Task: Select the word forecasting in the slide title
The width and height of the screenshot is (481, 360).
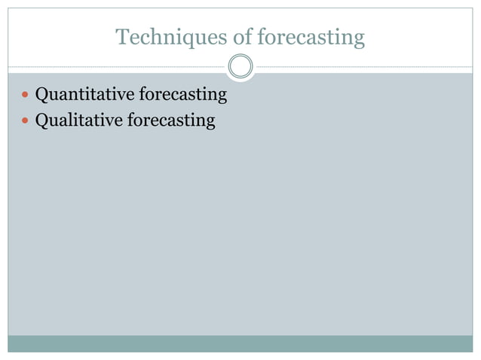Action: [312, 36]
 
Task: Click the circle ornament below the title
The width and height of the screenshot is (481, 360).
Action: [240, 67]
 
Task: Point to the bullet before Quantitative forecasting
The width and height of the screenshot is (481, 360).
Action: [26, 96]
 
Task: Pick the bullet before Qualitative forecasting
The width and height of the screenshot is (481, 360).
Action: [26, 121]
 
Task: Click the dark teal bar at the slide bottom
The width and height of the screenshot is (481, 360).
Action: [240, 343]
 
